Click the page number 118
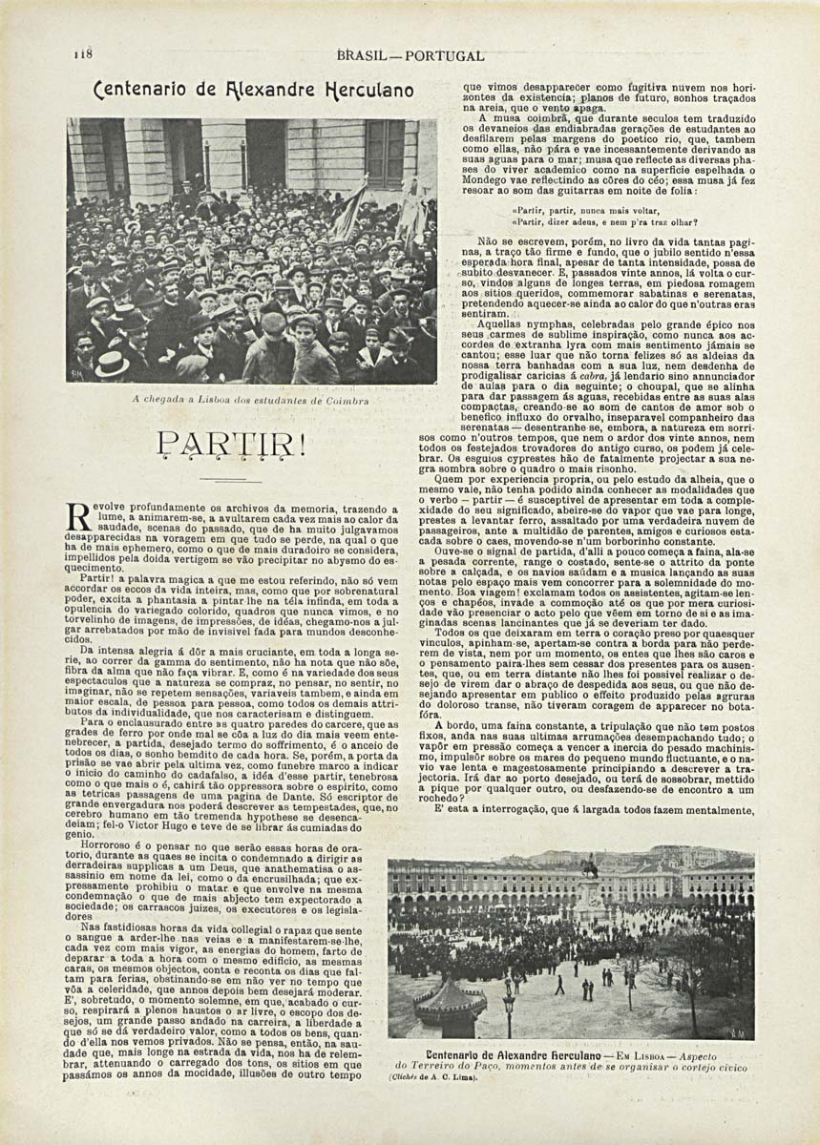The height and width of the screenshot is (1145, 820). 82,54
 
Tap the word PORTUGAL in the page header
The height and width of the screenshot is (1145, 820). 444,56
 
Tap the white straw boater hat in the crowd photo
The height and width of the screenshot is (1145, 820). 112,364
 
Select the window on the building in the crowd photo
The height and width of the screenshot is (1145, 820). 385,153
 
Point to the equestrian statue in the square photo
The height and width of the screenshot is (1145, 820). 589,870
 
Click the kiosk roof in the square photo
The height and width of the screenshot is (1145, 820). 451,997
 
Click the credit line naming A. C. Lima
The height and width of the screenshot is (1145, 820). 435,1077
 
